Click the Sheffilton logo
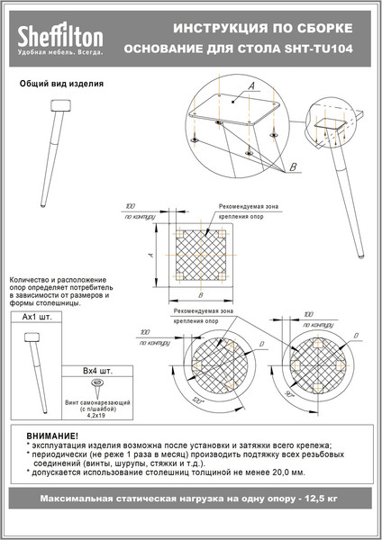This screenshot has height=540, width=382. click(x=60, y=37)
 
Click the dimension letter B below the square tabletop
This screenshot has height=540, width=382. click(x=199, y=294)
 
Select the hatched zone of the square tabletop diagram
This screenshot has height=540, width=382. click(x=199, y=255)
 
